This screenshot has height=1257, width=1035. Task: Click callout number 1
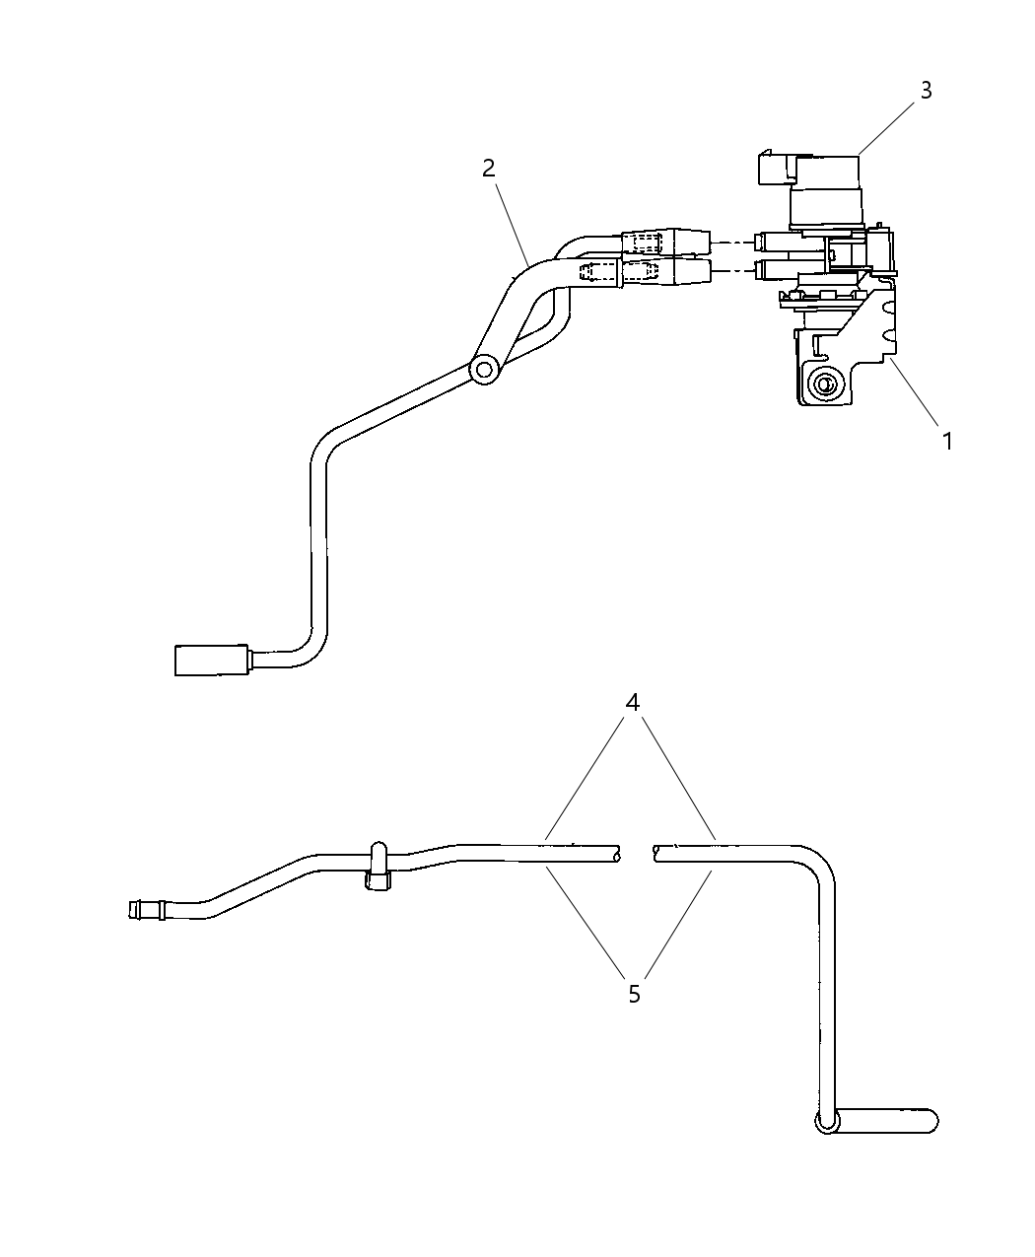pos(947,442)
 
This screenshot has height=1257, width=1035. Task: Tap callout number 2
pos(488,169)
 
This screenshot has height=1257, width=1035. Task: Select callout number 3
pos(926,91)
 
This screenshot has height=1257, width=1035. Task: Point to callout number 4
pos(632,702)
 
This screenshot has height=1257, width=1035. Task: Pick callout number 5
pos(634,995)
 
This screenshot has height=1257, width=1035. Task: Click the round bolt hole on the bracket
pos(823,383)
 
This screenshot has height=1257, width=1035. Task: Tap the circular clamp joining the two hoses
pos(485,371)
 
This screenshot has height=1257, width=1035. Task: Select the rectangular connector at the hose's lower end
pos(211,661)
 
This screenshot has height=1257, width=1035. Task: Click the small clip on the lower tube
pos(378,867)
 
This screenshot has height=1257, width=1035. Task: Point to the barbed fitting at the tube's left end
pos(147,910)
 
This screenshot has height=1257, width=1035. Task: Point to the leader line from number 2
pos(512,225)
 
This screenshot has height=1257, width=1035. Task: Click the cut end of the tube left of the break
pos(615,854)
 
